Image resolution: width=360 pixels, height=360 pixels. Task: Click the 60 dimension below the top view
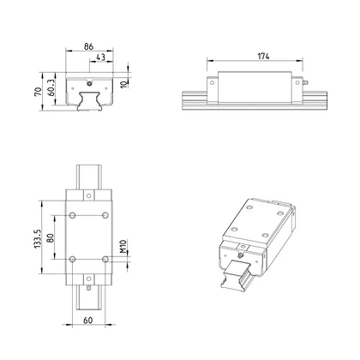click(88, 320)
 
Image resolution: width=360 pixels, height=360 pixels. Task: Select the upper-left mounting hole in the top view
click(74, 213)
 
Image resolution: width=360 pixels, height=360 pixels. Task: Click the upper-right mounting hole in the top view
click(105, 213)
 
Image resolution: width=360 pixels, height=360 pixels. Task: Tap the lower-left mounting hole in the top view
click(74, 257)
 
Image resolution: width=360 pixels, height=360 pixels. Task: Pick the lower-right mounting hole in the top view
click(105, 257)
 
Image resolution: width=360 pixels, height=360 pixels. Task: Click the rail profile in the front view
click(89, 100)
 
